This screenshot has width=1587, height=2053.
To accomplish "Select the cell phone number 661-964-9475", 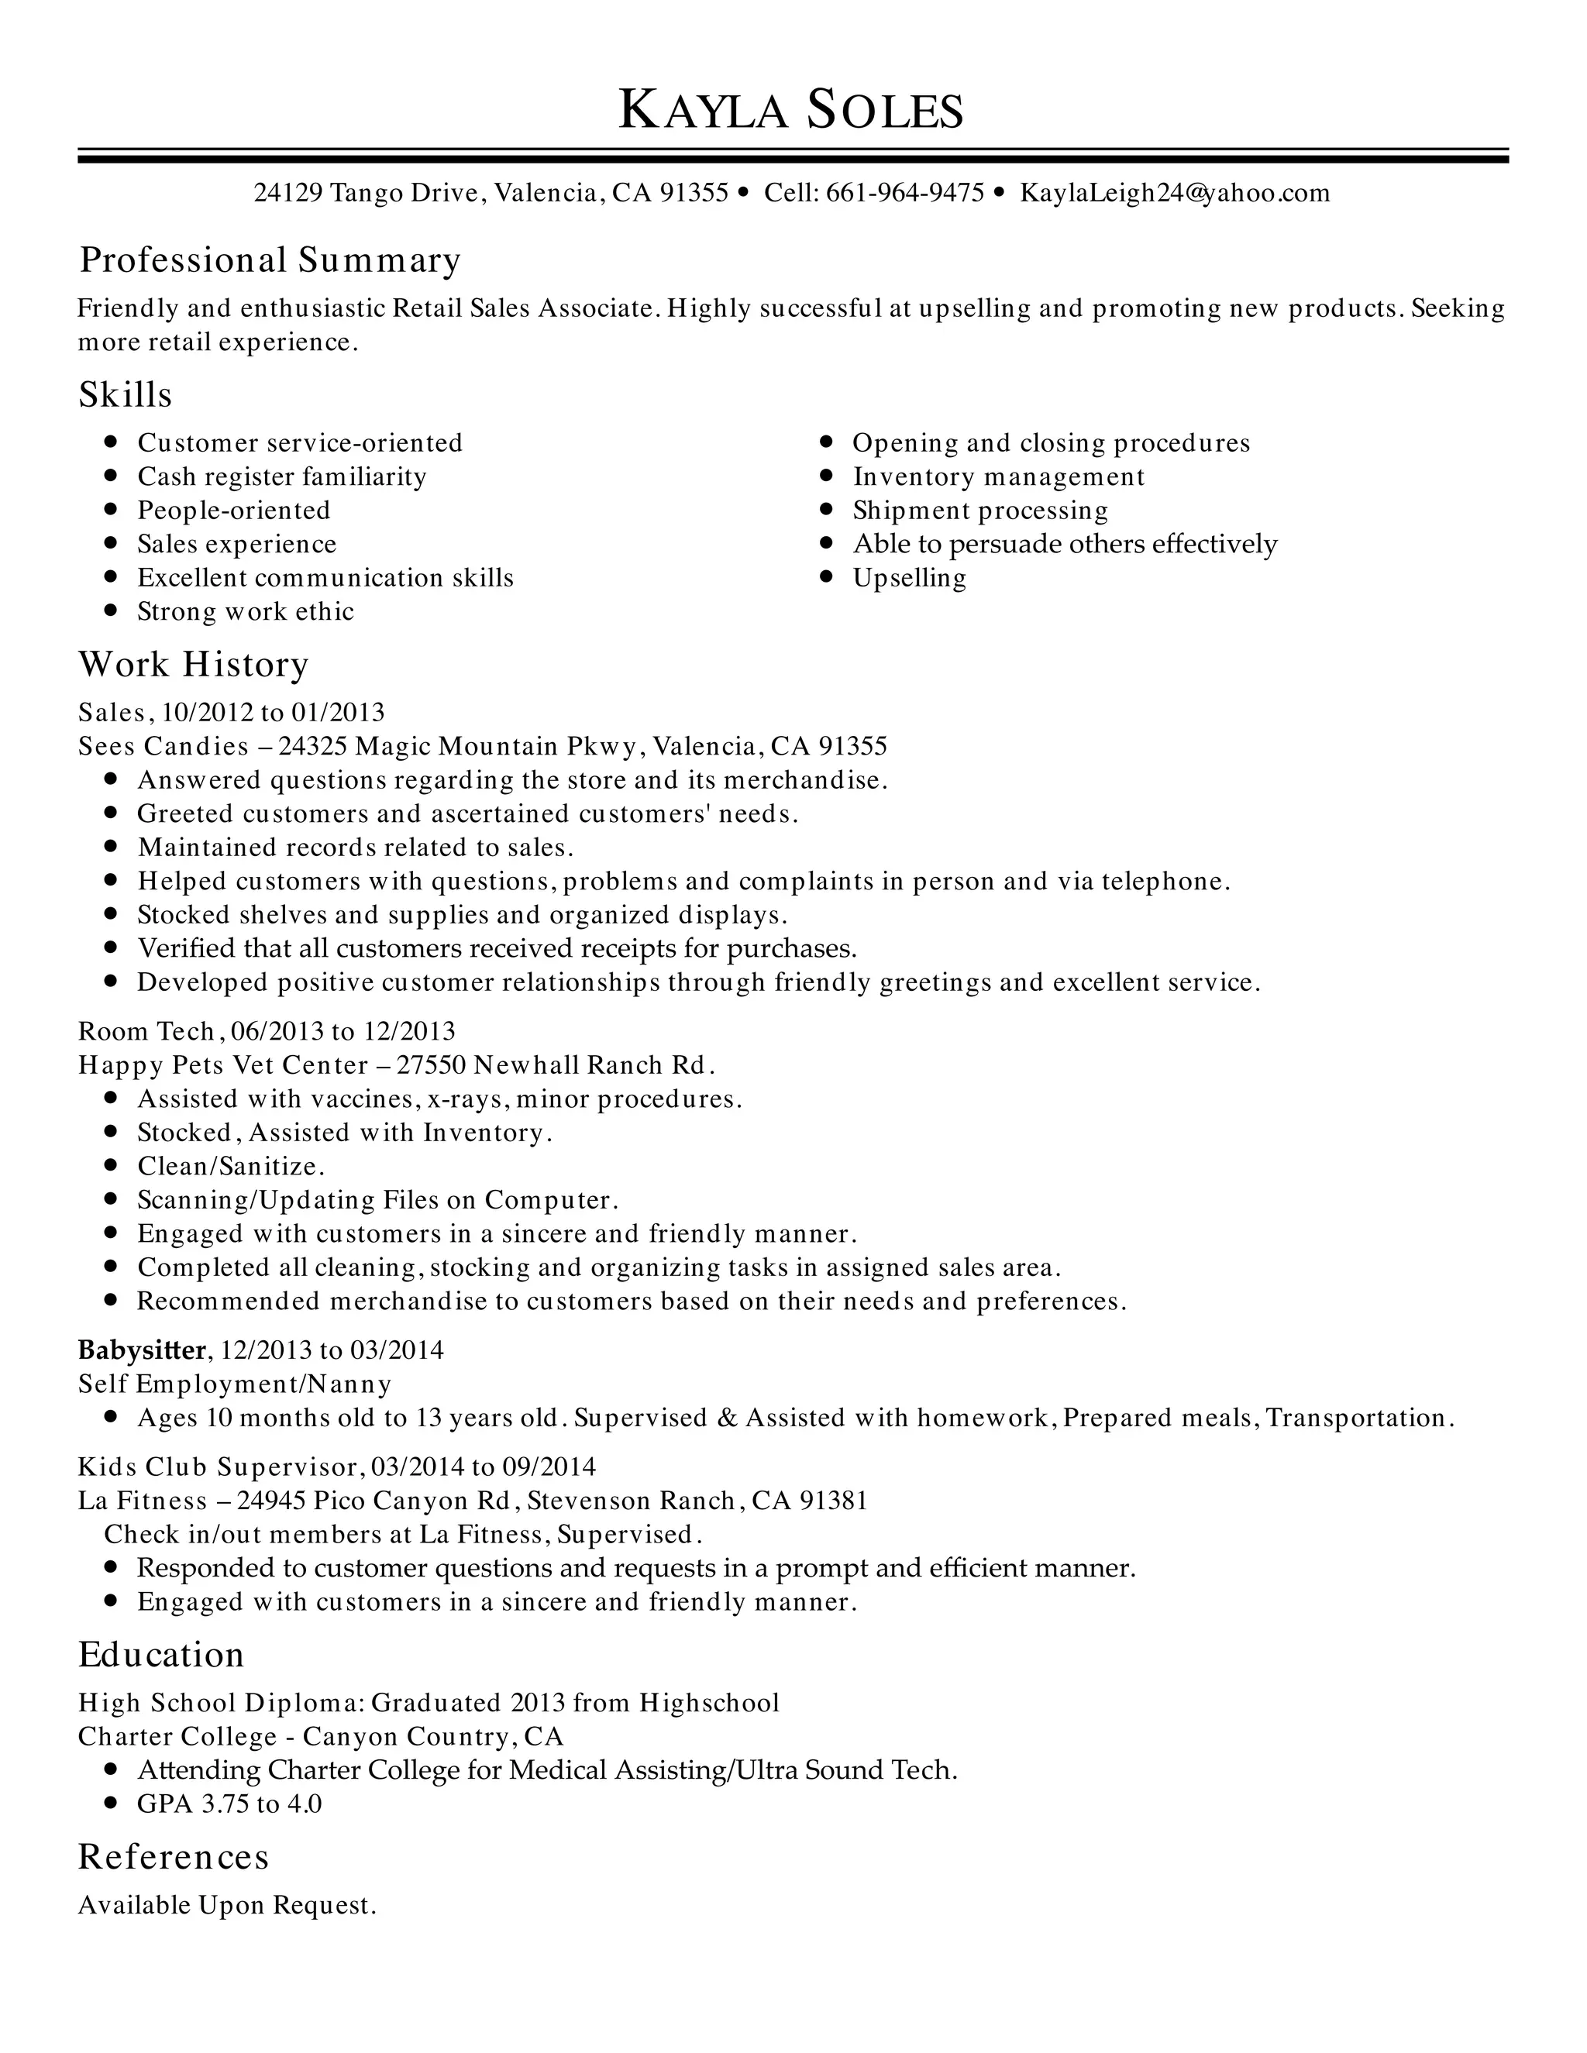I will click(904, 194).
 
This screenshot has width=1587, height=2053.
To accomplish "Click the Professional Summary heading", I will click(270, 260).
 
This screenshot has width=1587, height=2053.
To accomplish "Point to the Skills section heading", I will click(125, 395).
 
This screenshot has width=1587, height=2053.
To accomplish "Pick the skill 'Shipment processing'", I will click(979, 511).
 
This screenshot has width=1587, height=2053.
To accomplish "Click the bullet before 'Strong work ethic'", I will click(111, 611).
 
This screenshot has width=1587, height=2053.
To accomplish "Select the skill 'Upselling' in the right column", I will click(908, 578).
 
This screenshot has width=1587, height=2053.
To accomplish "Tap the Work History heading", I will click(193, 665).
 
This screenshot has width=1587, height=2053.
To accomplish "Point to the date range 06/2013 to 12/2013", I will click(343, 1031).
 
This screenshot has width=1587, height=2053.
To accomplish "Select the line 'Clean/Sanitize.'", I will click(230, 1167).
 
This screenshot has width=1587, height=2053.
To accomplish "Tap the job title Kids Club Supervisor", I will click(218, 1467).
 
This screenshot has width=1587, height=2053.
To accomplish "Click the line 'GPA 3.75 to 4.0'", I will click(229, 1804).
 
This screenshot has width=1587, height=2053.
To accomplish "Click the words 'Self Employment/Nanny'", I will click(234, 1384).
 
